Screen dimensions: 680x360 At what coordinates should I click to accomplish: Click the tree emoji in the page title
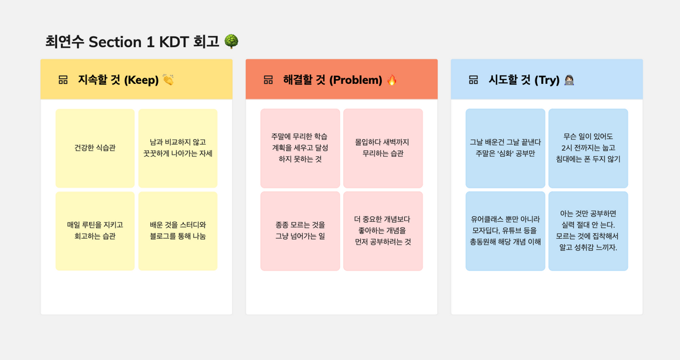tap(231, 41)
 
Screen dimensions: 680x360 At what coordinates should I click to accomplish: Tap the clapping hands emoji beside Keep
tap(168, 80)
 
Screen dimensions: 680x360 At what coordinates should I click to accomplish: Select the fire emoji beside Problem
tap(392, 80)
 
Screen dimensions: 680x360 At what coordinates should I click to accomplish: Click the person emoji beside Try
tap(569, 80)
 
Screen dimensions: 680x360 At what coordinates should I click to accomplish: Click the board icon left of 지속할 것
tap(63, 80)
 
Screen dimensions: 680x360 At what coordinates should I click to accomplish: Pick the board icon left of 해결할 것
tap(268, 80)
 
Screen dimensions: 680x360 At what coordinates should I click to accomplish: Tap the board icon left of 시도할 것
tap(473, 80)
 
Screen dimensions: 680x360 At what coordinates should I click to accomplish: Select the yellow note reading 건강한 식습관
tap(95, 148)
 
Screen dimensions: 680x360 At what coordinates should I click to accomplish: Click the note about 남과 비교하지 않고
tap(178, 148)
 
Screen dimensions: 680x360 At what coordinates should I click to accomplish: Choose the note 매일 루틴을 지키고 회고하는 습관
tap(95, 231)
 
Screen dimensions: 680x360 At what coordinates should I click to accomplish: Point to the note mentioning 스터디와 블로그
tap(178, 231)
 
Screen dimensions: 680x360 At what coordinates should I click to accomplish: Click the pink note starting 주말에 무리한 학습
tap(300, 148)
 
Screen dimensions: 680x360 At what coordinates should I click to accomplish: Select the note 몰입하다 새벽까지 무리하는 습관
tap(383, 148)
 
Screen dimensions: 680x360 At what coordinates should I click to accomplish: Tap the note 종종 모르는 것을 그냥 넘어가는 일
tap(300, 231)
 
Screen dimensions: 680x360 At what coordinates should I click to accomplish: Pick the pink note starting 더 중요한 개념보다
tap(383, 231)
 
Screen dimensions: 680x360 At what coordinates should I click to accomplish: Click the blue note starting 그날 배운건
tap(505, 148)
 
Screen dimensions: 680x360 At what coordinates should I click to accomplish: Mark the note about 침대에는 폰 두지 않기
tap(588, 148)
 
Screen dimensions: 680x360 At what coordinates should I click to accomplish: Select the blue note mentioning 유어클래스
tap(505, 231)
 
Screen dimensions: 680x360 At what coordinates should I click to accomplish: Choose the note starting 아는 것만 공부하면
tap(588, 231)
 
